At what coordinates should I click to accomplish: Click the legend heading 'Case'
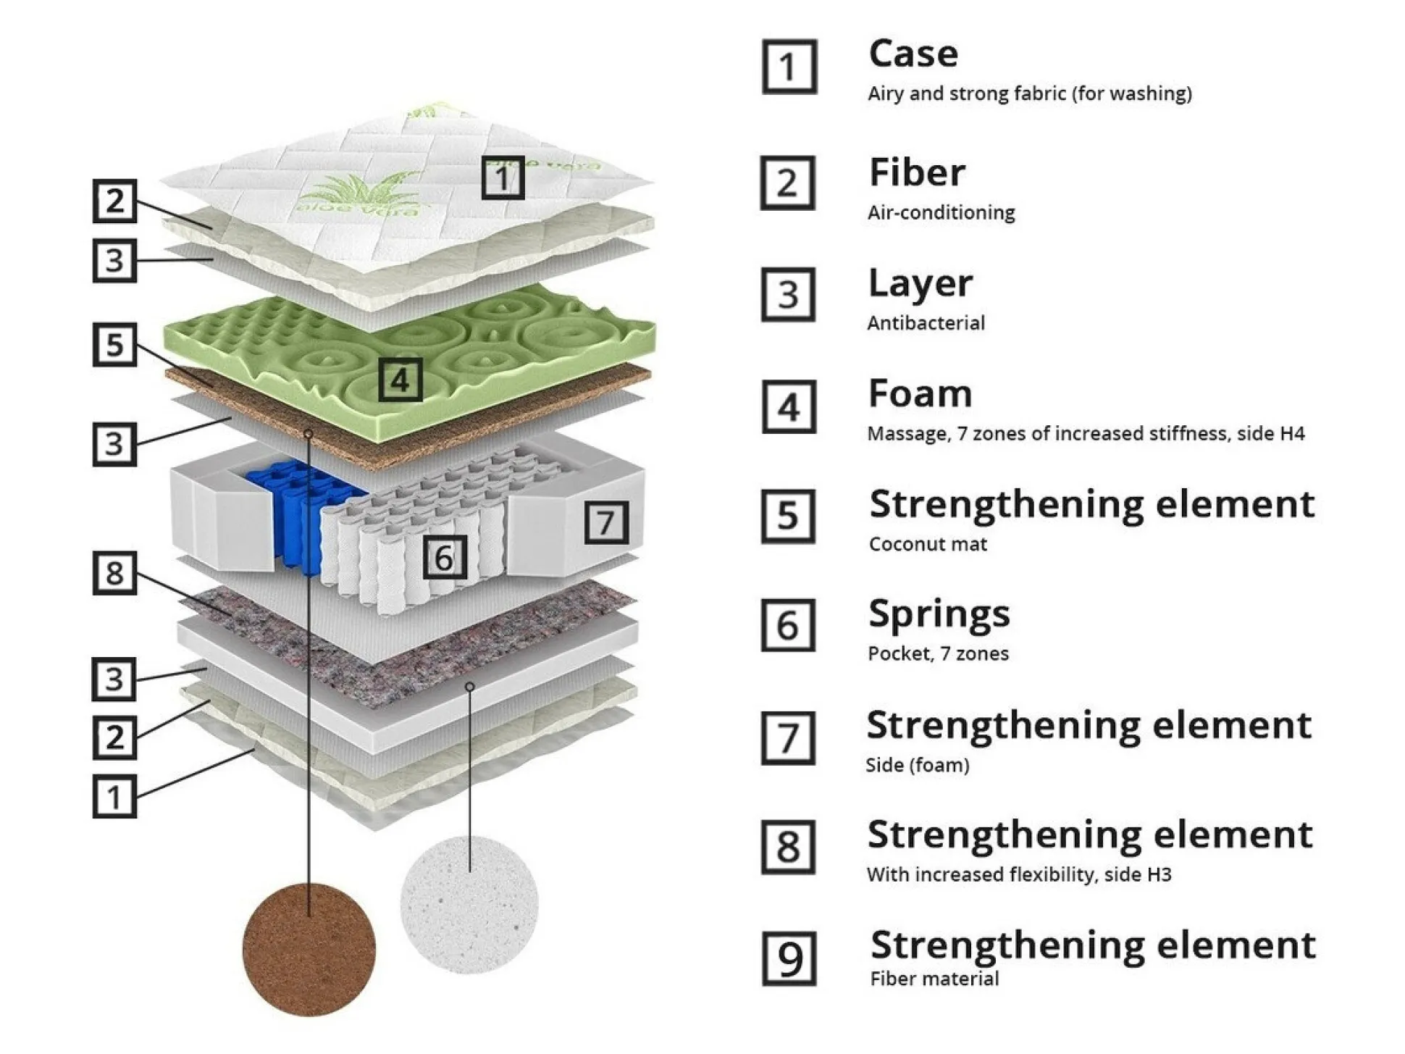[x=913, y=54]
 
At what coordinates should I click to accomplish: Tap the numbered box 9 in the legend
[x=789, y=958]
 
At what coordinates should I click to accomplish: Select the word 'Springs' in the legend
[x=939, y=614]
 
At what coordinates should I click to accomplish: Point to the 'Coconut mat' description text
[x=928, y=544]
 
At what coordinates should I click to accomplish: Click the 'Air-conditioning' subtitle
[x=941, y=212]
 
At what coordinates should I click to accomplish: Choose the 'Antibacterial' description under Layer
[x=926, y=322]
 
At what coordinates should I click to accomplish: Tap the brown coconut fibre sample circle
[x=309, y=949]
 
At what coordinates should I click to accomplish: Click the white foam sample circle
[x=469, y=904]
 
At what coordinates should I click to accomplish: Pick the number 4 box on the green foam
[x=400, y=380]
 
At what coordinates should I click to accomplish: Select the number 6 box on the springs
[x=444, y=557]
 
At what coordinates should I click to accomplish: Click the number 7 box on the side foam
[x=605, y=522]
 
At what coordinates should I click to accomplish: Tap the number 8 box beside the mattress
[x=114, y=573]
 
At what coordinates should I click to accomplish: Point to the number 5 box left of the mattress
[x=114, y=344]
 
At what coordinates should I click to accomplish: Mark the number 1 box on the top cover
[x=503, y=177]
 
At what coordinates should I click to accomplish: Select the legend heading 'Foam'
[x=920, y=394]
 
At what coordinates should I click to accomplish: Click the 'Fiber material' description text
[x=934, y=979]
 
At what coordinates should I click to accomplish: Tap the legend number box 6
[x=788, y=624]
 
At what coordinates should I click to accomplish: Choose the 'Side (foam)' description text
[x=917, y=765]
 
